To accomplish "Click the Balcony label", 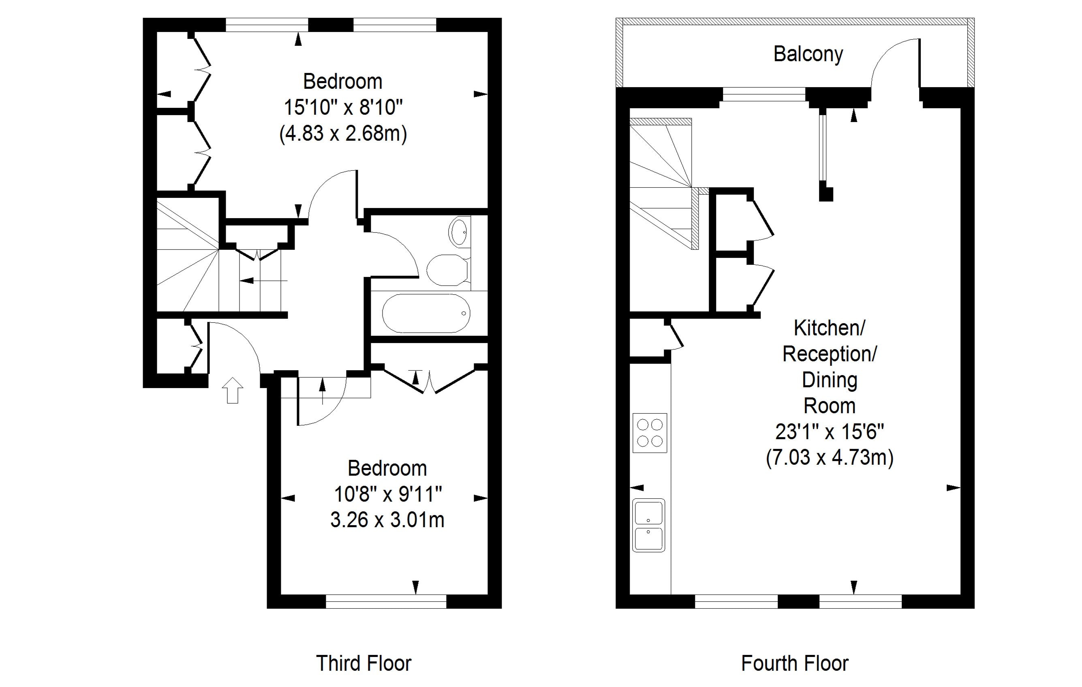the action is [808, 55].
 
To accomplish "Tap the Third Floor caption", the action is [364, 663].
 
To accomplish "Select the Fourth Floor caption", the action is [795, 663].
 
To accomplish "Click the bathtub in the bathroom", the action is [426, 313].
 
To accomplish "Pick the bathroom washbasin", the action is [459, 232].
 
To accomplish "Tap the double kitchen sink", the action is [648, 525].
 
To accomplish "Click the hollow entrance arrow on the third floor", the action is [233, 390].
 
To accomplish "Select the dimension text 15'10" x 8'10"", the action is [343, 108].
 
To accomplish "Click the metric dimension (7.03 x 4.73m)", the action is [830, 458].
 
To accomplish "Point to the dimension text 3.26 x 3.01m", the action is [387, 520].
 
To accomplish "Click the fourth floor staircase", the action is [664, 183].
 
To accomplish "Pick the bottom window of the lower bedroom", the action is [386, 601].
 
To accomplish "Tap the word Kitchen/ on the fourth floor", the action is [830, 328].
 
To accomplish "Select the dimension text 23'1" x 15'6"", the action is [830, 432].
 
